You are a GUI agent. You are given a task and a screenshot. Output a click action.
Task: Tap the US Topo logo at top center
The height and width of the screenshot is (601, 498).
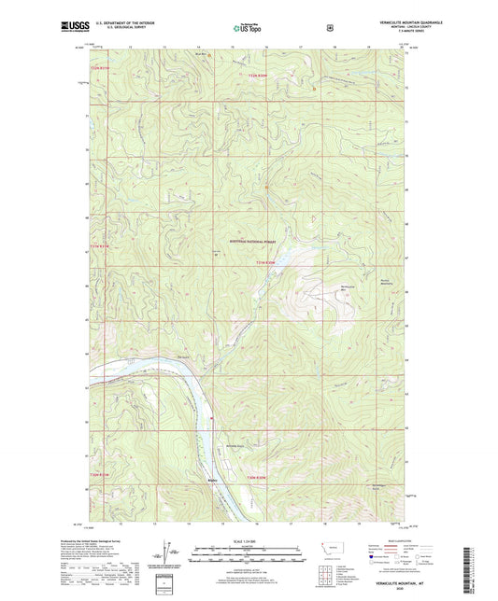tap(248, 29)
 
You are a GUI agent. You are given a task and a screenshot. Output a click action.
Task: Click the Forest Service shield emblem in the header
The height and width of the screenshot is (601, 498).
tap(329, 28)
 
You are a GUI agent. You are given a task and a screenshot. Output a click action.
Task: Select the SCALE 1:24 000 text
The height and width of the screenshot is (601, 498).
tap(247, 541)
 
